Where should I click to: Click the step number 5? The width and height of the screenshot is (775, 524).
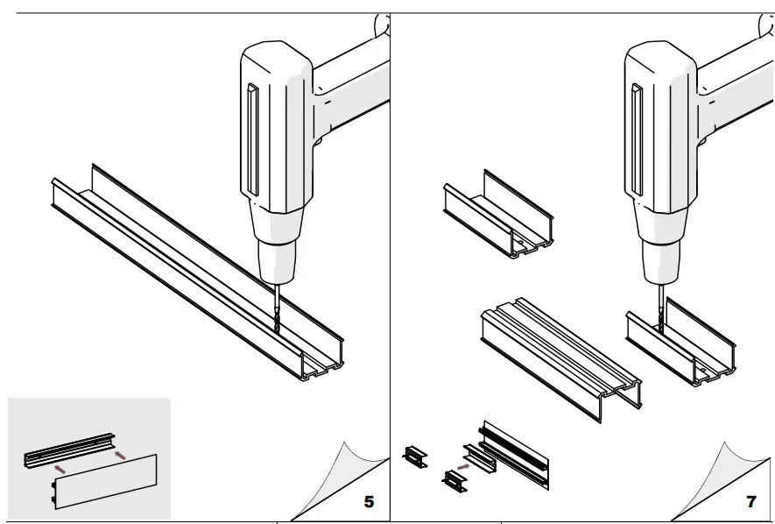pos(369,501)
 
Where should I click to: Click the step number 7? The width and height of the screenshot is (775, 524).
pos(750,501)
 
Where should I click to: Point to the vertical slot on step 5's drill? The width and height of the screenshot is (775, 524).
pos(252,139)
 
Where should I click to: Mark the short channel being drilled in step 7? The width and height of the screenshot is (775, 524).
pos(683,346)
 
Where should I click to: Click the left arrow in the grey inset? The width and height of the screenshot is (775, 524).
pos(59,470)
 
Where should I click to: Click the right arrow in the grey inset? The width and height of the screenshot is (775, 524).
pos(119,454)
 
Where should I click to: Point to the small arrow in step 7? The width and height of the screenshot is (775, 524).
pos(463,467)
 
